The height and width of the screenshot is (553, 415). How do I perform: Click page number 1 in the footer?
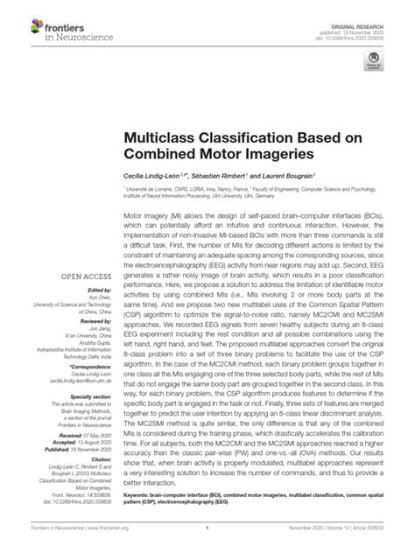click(x=207, y=539)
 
